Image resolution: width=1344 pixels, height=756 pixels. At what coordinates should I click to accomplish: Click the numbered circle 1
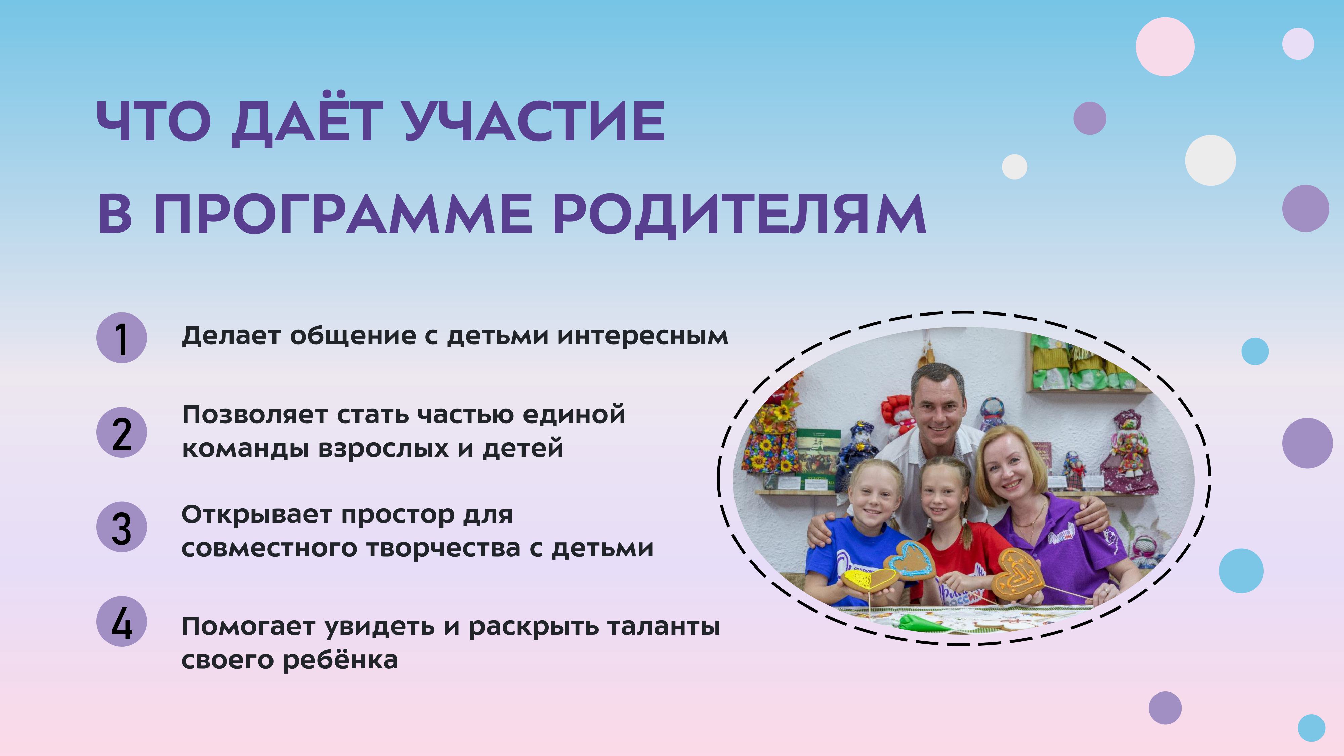(x=122, y=338)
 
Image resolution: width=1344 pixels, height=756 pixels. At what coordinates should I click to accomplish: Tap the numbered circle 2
(x=122, y=432)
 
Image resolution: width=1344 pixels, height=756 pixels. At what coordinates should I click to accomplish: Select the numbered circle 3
(x=122, y=527)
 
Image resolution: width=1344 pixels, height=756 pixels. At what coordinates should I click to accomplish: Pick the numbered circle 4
(x=122, y=621)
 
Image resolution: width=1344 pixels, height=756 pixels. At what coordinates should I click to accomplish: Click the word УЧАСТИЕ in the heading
(x=535, y=122)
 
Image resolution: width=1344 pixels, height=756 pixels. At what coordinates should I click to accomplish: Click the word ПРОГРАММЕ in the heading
(x=343, y=214)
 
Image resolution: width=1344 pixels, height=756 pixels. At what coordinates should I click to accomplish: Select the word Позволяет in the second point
(x=255, y=415)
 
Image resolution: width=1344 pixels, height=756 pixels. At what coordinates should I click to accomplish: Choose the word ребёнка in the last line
(x=341, y=660)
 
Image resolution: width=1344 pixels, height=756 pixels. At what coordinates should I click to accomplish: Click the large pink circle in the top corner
(x=1165, y=46)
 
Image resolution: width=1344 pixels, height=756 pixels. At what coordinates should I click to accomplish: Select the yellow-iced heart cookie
(x=868, y=580)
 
